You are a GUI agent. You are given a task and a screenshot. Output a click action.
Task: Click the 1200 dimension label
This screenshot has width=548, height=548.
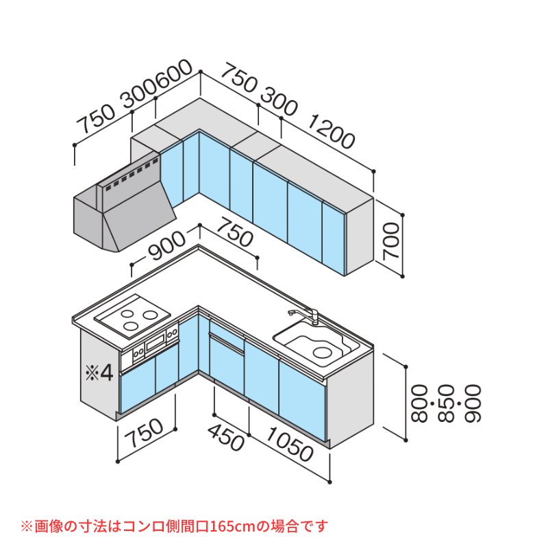[331, 134]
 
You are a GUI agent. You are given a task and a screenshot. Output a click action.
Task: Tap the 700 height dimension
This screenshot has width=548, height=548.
[391, 242]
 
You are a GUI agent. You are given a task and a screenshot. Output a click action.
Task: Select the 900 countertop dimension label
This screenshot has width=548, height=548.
[166, 247]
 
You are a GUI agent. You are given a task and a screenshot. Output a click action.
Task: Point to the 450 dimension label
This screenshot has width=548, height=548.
[226, 437]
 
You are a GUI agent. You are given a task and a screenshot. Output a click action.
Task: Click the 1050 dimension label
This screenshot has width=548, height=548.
[290, 444]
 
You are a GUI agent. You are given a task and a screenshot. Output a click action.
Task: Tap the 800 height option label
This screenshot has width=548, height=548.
[420, 403]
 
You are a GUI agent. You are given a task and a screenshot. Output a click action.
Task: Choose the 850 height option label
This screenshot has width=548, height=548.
[447, 403]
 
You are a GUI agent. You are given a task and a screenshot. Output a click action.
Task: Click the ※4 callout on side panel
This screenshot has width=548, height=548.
[99, 373]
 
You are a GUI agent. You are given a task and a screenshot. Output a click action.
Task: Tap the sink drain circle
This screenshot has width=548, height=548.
[321, 352]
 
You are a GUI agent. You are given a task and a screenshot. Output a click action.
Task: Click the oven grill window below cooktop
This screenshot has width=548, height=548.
[156, 343]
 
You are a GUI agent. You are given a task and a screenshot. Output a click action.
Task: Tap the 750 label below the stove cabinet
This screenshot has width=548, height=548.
[145, 434]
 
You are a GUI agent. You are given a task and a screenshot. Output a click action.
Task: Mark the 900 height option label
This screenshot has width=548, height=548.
[473, 403]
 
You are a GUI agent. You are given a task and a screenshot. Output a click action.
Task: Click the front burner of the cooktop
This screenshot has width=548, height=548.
[131, 327]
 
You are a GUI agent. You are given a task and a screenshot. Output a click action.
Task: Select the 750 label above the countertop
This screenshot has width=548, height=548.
[234, 232]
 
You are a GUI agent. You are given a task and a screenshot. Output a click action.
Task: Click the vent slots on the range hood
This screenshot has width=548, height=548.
[131, 175]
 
